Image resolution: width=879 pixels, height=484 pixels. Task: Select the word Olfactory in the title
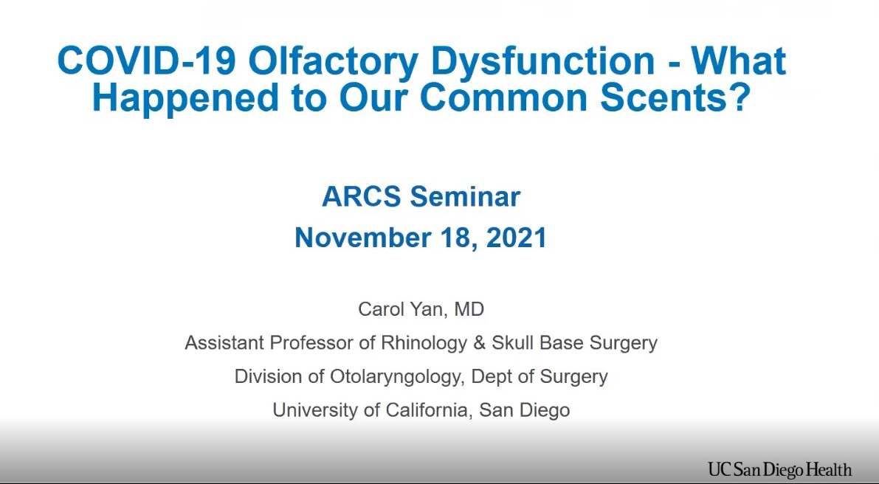pos(333,62)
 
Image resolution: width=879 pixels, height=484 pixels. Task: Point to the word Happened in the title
pos(185,97)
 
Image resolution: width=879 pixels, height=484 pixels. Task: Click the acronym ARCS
pos(362,196)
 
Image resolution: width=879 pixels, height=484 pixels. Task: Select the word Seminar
pos(465,196)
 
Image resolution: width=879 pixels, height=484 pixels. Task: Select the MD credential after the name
pos(469,309)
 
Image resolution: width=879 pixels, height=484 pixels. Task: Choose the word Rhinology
pos(424,343)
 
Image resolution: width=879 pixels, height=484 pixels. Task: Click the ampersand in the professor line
pos(479,343)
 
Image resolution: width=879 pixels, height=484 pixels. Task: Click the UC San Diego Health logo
pos(780,469)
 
